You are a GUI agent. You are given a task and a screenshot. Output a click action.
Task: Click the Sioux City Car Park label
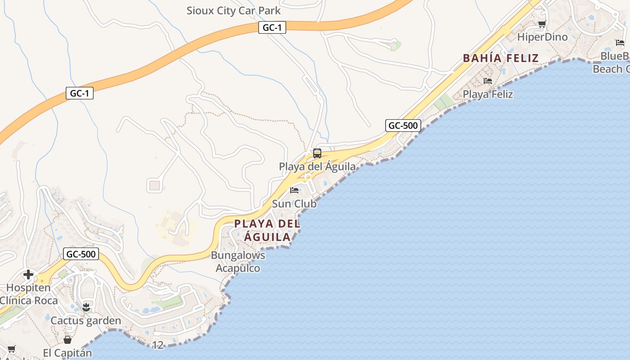tap(234, 11)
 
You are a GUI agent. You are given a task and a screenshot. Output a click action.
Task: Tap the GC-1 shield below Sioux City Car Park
tap(272, 27)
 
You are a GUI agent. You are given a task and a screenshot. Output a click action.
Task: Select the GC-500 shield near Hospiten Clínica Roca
tap(81, 254)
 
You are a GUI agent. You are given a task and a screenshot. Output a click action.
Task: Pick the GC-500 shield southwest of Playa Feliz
tap(403, 126)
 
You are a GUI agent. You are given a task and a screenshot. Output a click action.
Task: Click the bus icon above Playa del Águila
tap(317, 153)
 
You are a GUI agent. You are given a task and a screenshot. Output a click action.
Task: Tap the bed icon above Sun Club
tap(294, 190)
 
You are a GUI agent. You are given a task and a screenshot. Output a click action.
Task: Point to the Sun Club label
tap(294, 204)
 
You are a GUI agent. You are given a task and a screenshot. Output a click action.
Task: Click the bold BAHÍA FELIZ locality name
tap(501, 58)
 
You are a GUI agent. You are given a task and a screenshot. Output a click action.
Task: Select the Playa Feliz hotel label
tap(488, 94)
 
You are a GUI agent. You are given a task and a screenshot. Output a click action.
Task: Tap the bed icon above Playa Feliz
tap(488, 81)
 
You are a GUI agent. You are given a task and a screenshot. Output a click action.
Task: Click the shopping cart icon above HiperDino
tap(542, 24)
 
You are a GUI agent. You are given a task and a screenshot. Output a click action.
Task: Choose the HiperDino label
tap(542, 37)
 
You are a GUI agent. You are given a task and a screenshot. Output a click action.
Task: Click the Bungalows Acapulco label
tap(238, 262)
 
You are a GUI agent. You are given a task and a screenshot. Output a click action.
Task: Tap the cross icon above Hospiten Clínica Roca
tap(28, 274)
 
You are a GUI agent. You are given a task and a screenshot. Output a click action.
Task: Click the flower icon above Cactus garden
tap(86, 307)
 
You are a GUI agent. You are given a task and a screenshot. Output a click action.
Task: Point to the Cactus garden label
tap(86, 321)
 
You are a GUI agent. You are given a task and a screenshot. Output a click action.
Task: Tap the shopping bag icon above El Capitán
tap(67, 340)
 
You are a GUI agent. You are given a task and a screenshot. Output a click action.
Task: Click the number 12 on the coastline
tap(158, 345)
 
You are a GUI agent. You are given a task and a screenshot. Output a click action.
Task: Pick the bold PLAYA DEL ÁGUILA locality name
tap(267, 230)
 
